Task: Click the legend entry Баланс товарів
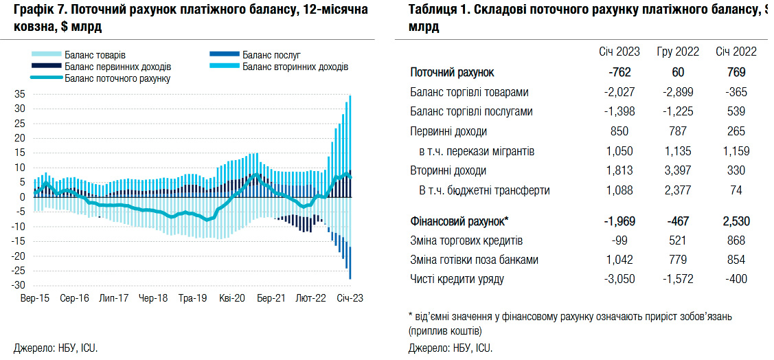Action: pos(95,55)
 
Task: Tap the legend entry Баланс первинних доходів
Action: pos(117,67)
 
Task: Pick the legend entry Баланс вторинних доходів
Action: pos(295,67)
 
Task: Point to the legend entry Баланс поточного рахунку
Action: pos(117,79)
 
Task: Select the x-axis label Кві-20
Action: pos(231,299)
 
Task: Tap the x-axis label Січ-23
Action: pos(350,299)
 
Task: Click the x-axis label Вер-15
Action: pos(34,299)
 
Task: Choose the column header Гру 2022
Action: pos(679,52)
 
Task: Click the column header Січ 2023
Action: pos(619,52)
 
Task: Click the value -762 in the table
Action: pos(619,72)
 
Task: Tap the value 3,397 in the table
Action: pos(679,170)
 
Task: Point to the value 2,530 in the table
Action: pos(736,221)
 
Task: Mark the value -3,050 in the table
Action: pos(619,280)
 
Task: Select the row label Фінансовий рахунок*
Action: pos(459,221)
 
